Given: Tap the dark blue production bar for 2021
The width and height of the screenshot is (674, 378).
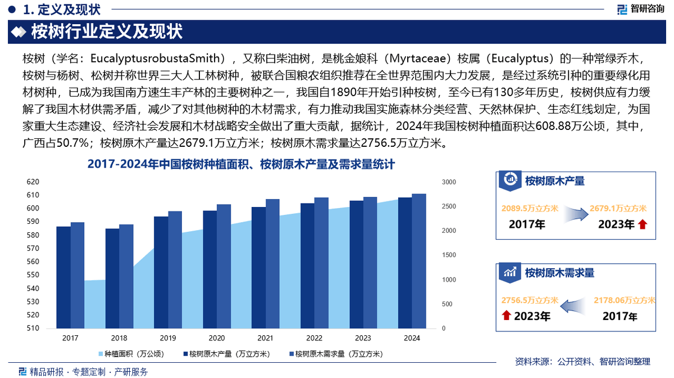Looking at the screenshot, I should [258, 268].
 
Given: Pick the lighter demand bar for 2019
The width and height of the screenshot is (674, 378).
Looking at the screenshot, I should [175, 270].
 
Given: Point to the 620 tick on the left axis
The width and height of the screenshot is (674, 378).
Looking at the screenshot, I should [33, 182].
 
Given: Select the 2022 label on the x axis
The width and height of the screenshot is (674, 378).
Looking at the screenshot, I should [315, 338].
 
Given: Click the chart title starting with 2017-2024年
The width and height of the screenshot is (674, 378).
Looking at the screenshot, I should [242, 164].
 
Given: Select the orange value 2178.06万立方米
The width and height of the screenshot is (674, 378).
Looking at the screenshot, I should [624, 301].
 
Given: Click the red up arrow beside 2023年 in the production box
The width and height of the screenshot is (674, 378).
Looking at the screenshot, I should [643, 225].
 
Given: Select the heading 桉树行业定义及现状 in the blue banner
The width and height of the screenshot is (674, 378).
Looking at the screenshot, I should [107, 31].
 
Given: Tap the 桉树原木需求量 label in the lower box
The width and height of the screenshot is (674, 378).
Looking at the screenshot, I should [559, 273].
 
